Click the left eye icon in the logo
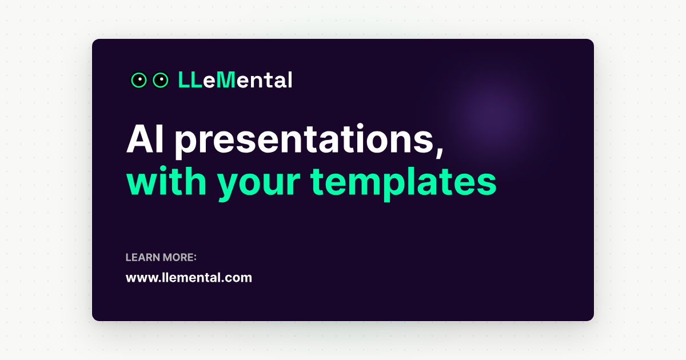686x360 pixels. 139,81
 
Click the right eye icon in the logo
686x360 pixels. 161,81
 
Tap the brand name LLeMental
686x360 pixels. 235,80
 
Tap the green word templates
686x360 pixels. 403,183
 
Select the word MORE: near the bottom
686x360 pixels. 180,258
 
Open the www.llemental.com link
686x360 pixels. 189,278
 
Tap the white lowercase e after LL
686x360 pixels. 209,82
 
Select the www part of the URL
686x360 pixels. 138,278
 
